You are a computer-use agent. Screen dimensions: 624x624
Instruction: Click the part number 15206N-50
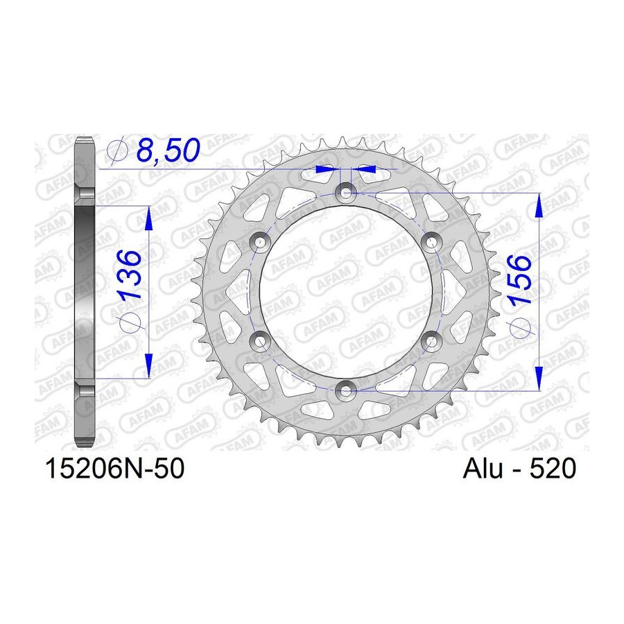pyautogui.click(x=115, y=469)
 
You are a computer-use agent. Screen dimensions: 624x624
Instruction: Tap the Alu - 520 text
pyautogui.click(x=519, y=469)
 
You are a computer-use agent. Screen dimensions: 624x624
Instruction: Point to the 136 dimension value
pyautogui.click(x=130, y=275)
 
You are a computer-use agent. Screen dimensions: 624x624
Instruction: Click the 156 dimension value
pyautogui.click(x=520, y=280)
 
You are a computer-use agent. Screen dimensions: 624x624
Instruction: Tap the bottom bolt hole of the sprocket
pyautogui.click(x=346, y=390)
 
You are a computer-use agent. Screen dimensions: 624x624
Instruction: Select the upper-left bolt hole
pyautogui.click(x=260, y=242)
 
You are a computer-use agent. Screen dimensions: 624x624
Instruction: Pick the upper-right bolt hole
pyautogui.click(x=432, y=242)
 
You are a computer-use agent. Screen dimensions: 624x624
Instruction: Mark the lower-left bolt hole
pyautogui.click(x=260, y=341)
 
